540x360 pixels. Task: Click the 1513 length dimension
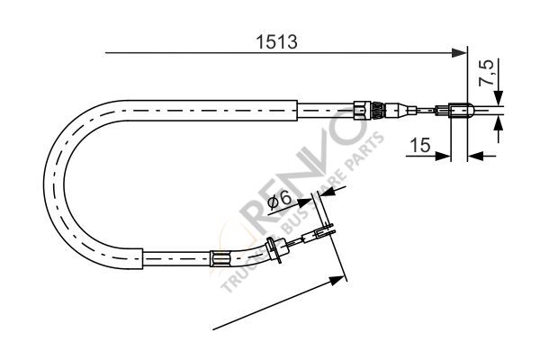tap(275, 41)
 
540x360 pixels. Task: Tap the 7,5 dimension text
tap(487, 73)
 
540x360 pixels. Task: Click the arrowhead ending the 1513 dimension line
tap(461, 54)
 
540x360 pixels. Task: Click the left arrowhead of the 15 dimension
tap(444, 155)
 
